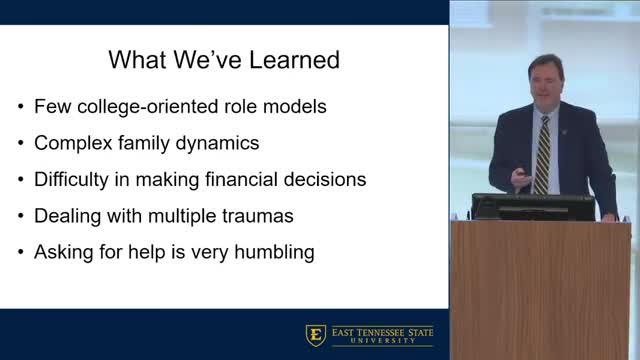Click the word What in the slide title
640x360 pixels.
(x=140, y=60)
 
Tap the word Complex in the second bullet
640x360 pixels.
(x=72, y=143)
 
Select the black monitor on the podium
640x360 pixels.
(x=532, y=206)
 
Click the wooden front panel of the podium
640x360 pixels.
(x=541, y=290)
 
